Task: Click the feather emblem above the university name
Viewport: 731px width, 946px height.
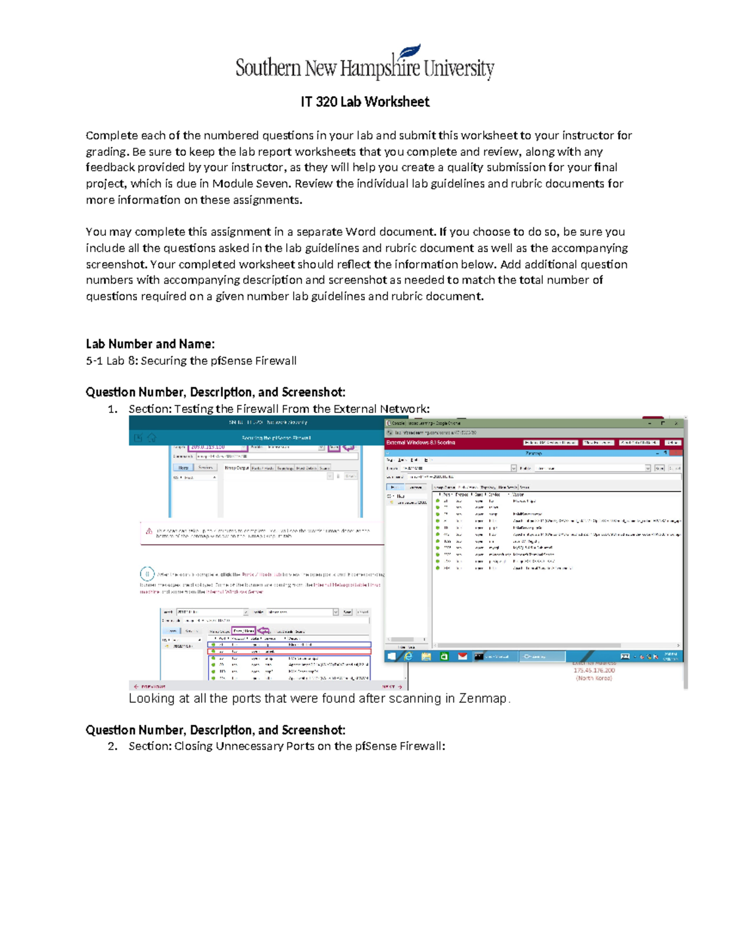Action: (409, 52)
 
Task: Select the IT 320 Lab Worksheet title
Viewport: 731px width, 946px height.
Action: (365, 102)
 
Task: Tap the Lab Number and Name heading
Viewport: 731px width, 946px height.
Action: (150, 344)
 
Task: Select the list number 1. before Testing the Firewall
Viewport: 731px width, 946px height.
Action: (113, 409)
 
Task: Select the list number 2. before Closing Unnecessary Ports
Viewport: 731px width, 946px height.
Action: (113, 746)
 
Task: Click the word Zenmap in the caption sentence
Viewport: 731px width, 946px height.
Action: (484, 698)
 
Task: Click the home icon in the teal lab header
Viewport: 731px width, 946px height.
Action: (152, 437)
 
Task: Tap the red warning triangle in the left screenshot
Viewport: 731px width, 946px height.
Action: (149, 531)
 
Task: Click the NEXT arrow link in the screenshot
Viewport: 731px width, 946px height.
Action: (392, 686)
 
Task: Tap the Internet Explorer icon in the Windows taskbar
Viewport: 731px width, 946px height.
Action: (408, 656)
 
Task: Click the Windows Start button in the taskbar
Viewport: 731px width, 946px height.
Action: (392, 656)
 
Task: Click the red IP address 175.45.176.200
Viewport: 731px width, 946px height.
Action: (594, 670)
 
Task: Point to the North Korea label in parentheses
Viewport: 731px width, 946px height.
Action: (594, 678)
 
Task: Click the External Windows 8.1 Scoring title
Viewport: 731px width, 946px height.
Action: (420, 442)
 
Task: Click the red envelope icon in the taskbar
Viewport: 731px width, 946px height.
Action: (462, 656)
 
